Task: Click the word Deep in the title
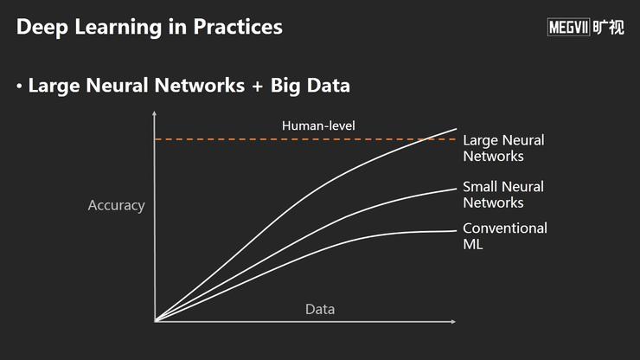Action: pos(42,28)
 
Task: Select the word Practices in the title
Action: pos(238,27)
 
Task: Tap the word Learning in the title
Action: pos(118,28)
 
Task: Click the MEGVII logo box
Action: pos(568,27)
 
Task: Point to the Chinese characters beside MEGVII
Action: pos(608,27)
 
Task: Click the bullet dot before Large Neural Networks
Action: pos(19,87)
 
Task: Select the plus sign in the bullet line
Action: pos(257,87)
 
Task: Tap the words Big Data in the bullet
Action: pos(310,86)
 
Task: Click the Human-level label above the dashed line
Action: pos(318,125)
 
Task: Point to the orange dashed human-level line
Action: pos(305,139)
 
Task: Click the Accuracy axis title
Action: pos(117,206)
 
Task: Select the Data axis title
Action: pos(320,309)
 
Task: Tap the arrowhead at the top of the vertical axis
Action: pos(154,112)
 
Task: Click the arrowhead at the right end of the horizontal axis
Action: pos(453,322)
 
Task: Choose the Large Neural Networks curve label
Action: pos(503,148)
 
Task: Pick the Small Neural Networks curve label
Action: pos(503,195)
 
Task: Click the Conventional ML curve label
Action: pos(505,236)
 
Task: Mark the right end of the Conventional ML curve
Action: pos(456,231)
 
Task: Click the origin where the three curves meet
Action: pos(156,321)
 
